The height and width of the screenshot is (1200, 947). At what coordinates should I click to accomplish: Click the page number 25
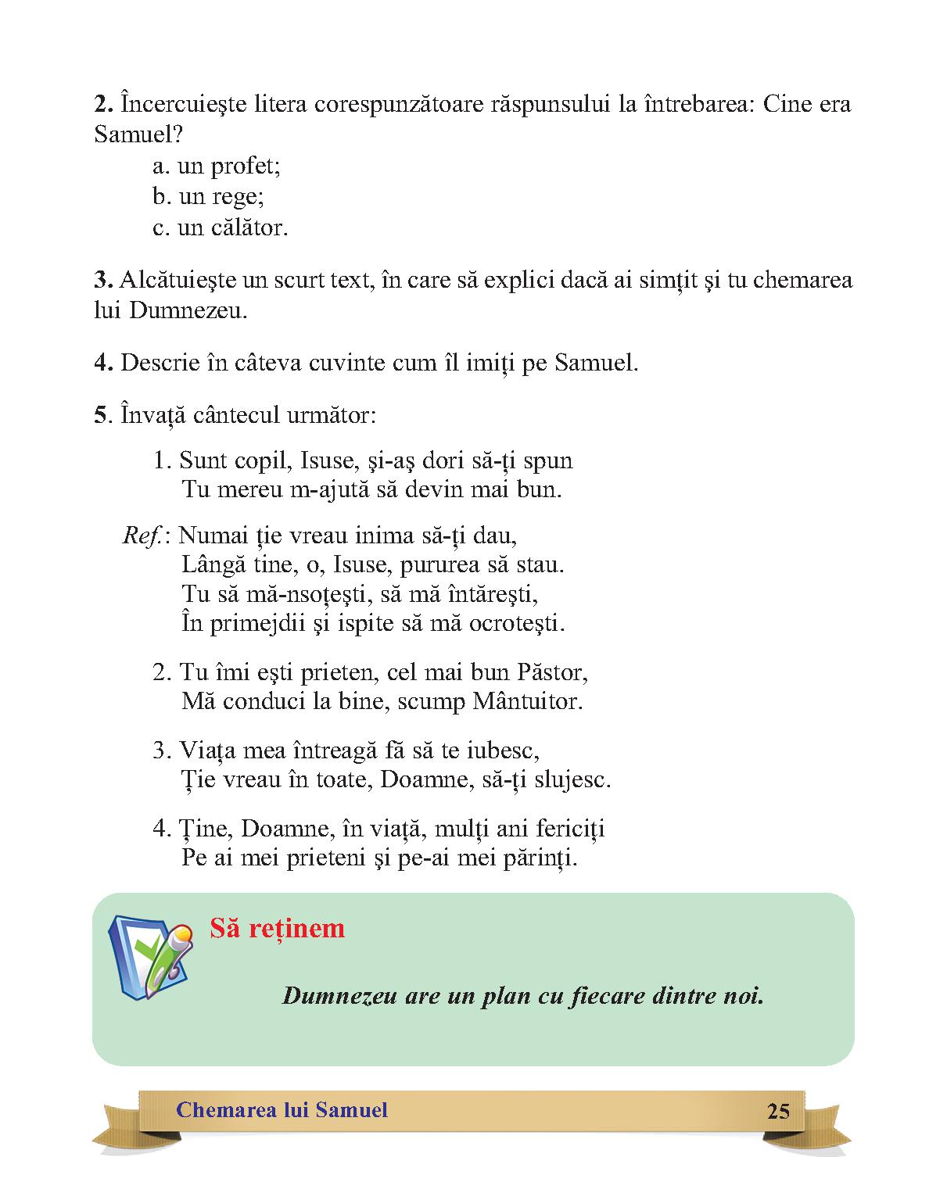pyautogui.click(x=778, y=1111)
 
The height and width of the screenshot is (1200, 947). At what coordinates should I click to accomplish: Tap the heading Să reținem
pyautogui.click(x=277, y=928)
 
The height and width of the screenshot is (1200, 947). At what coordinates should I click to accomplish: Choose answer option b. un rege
pyautogui.click(x=208, y=196)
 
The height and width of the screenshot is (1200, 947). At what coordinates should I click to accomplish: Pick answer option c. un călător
pyautogui.click(x=221, y=227)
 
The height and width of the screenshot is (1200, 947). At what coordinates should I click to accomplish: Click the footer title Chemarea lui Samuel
pyautogui.click(x=282, y=1110)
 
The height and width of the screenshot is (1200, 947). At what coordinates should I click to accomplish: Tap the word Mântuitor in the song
pyautogui.click(x=528, y=701)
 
